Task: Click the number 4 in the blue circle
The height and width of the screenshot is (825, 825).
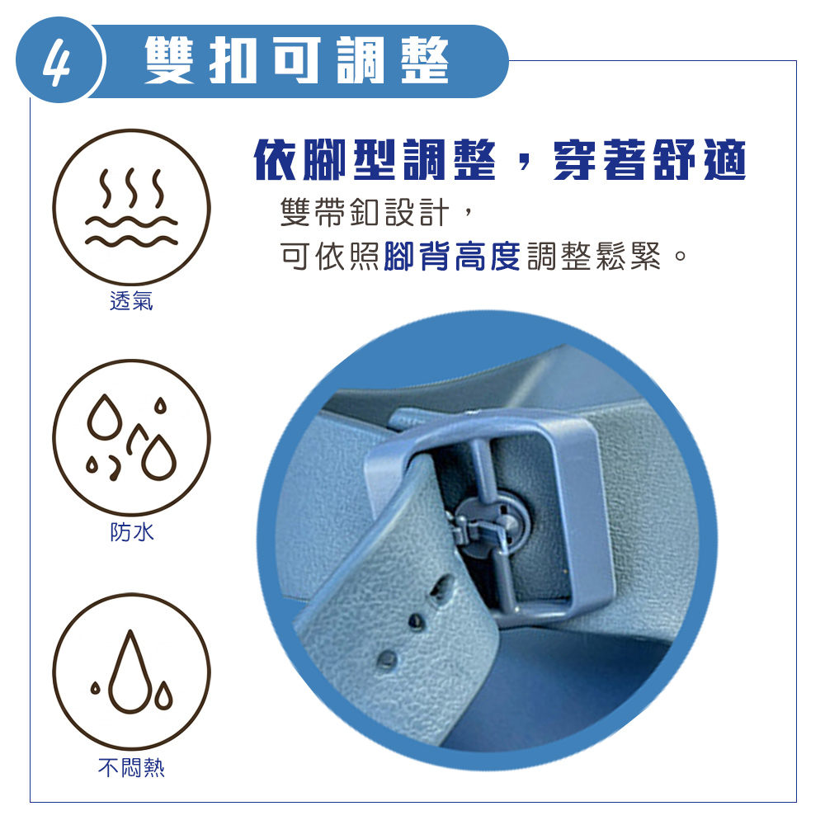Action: [56, 60]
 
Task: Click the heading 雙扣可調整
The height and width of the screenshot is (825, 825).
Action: [296, 60]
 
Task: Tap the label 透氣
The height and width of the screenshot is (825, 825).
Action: [131, 301]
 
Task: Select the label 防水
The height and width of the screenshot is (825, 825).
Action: [131, 532]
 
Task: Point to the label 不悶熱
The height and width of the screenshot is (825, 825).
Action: [131, 767]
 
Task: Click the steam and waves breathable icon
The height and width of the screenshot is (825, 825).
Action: [131, 207]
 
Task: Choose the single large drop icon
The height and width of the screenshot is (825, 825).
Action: [131, 672]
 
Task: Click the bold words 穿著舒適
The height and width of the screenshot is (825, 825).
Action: [650, 160]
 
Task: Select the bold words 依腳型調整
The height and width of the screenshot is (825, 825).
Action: [375, 160]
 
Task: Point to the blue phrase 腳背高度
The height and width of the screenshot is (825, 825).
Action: [452, 257]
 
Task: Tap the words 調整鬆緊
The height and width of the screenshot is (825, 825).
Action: [593, 257]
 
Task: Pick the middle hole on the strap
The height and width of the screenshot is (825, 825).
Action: [417, 622]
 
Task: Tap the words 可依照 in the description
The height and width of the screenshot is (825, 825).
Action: [329, 257]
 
